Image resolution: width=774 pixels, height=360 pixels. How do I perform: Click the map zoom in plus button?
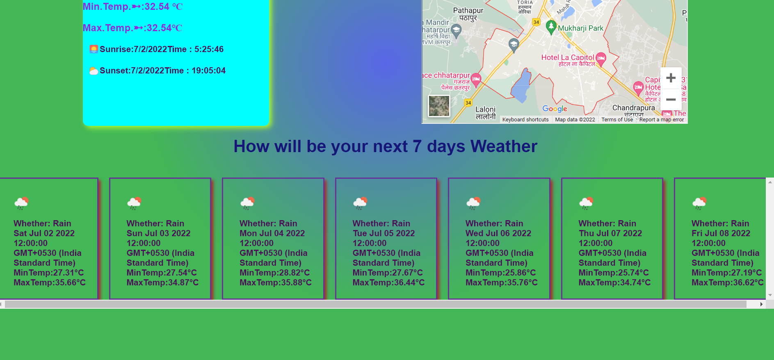click(x=671, y=78)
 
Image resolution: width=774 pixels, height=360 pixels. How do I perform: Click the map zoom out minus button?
click(x=671, y=100)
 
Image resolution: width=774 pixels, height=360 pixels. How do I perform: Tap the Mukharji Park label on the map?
click(x=580, y=28)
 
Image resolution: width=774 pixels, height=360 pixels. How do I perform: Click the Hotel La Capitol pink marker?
click(x=601, y=58)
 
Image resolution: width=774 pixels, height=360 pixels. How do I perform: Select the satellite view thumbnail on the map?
click(x=439, y=106)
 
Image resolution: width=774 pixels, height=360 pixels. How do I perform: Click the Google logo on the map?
click(x=555, y=109)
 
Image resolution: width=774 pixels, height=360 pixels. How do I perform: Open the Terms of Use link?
click(x=617, y=120)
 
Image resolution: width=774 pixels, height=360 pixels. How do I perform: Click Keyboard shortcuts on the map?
click(x=525, y=120)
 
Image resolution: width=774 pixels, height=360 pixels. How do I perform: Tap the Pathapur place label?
click(x=468, y=11)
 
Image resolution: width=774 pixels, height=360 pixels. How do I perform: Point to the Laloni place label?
click(x=485, y=109)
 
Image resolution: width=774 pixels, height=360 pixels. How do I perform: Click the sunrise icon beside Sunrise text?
click(x=94, y=49)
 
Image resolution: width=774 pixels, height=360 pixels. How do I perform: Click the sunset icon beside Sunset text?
click(x=94, y=71)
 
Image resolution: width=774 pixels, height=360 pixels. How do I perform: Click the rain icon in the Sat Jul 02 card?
click(x=21, y=203)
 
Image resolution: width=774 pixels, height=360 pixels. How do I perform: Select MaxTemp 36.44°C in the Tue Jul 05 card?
click(x=388, y=283)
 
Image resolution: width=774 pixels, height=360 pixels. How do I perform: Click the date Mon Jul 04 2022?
click(x=272, y=233)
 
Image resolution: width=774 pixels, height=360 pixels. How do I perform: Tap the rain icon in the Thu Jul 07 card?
click(x=586, y=203)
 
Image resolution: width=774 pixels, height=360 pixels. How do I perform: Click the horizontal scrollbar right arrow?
click(x=761, y=304)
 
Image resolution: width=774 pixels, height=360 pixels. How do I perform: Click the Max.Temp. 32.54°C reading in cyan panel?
click(x=132, y=28)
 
